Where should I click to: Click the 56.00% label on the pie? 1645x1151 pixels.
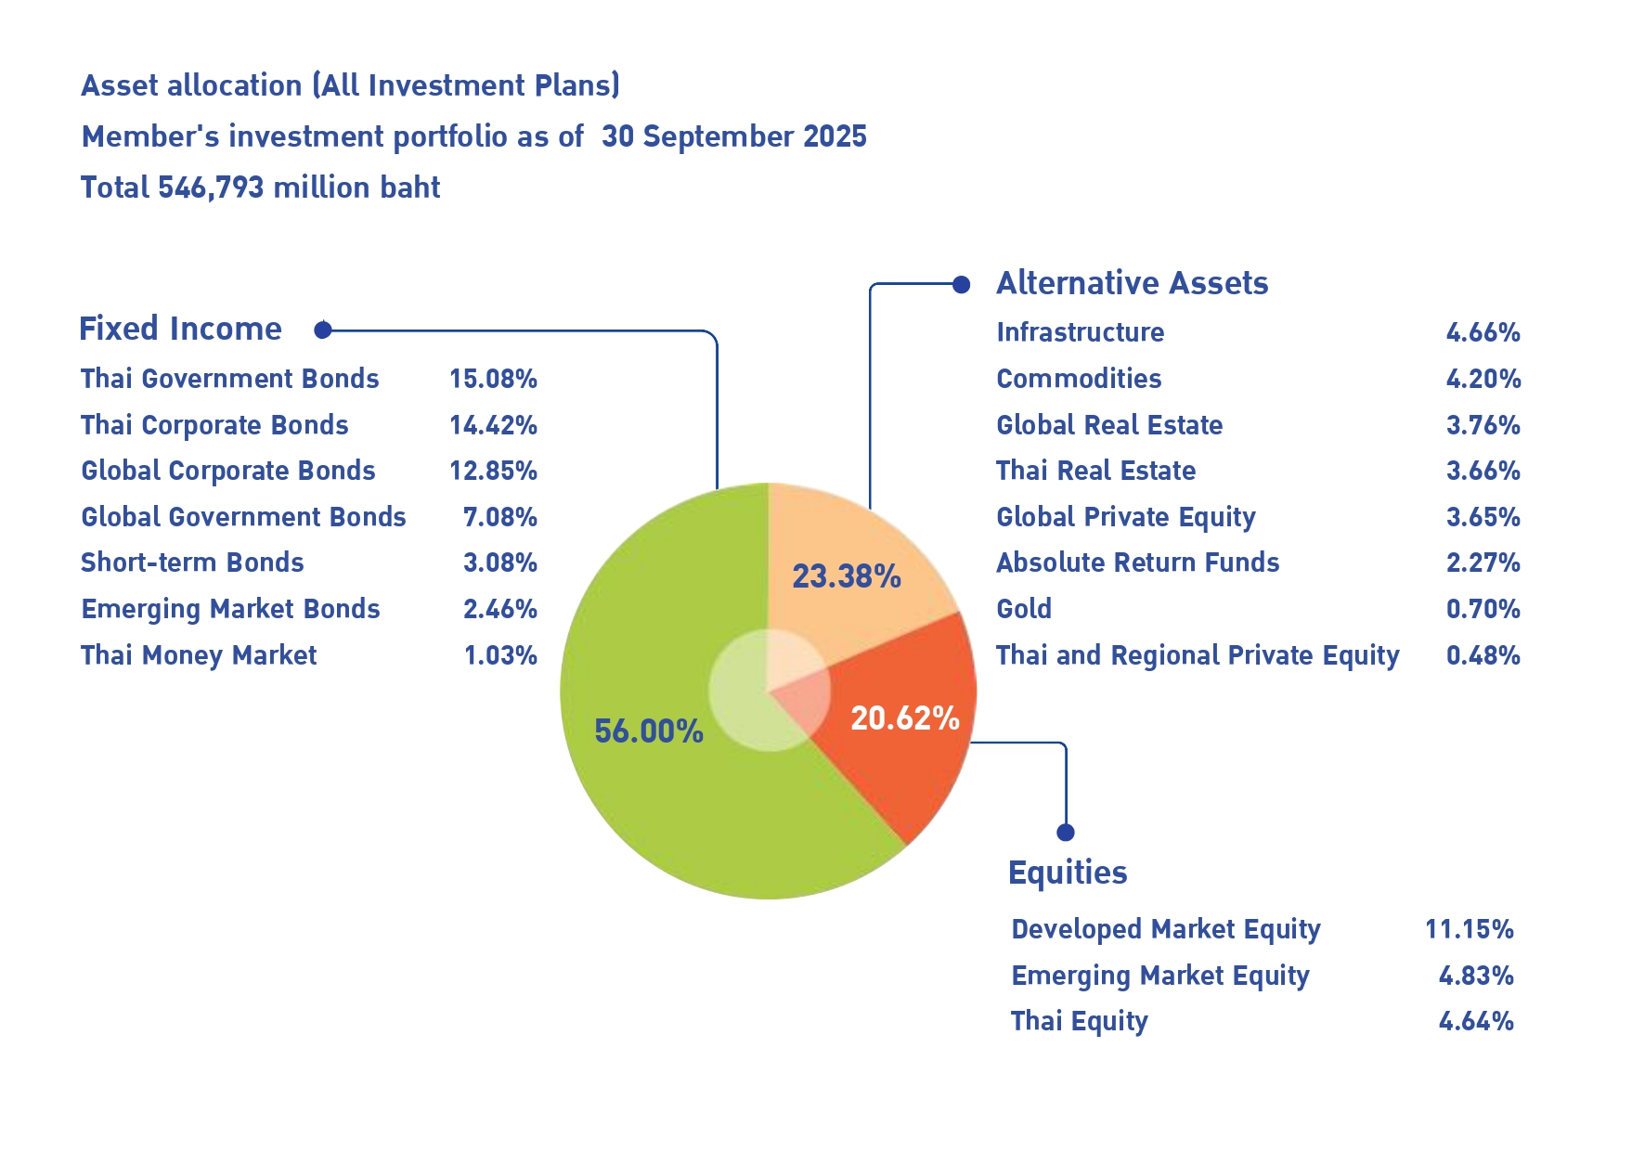point(649,731)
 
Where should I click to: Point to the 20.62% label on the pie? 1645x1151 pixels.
point(905,718)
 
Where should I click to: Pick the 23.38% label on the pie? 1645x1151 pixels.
point(847,576)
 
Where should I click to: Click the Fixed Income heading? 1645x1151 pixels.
point(180,329)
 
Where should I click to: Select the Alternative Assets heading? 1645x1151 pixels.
point(1132,283)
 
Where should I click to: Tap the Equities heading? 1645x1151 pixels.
point(1068,873)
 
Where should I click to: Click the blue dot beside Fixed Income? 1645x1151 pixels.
point(323,330)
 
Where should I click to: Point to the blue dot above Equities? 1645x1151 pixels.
point(1066,832)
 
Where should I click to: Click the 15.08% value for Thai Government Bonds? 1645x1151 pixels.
point(493,379)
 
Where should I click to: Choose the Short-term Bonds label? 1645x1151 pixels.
point(192,563)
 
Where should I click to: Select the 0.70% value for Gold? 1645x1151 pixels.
point(1483,609)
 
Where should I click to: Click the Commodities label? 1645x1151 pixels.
point(1079,379)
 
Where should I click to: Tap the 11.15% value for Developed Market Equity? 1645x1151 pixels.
point(1469,929)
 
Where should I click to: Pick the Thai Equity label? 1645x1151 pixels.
point(1079,1021)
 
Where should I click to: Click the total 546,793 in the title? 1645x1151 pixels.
point(211,188)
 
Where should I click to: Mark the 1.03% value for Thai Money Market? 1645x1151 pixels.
point(500,655)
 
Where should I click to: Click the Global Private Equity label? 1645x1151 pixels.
point(1125,517)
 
